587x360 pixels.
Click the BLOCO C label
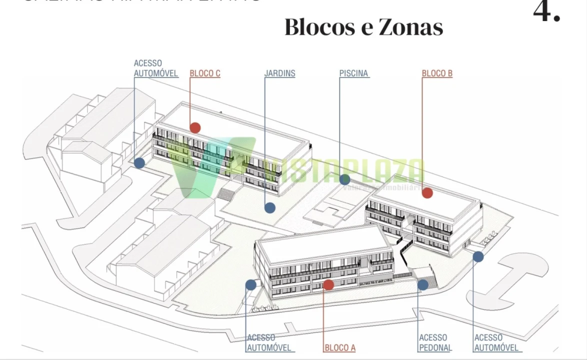205,73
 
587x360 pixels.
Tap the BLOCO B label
437,73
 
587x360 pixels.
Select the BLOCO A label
339,348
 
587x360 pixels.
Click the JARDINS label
279,73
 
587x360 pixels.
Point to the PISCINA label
353,73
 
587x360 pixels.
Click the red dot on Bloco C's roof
195,128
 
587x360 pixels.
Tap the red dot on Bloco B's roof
427,193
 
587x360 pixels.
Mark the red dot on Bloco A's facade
328,285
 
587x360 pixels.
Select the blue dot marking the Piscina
344,179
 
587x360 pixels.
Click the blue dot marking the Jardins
270,207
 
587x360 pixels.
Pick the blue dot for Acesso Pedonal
423,285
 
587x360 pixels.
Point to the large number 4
546,11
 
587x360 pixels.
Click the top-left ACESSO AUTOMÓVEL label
156,68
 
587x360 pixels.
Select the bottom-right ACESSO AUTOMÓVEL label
496,343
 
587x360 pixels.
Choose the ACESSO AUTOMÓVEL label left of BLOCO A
268,343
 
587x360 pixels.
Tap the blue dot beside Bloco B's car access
478,256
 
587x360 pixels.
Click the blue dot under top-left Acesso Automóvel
139,163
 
